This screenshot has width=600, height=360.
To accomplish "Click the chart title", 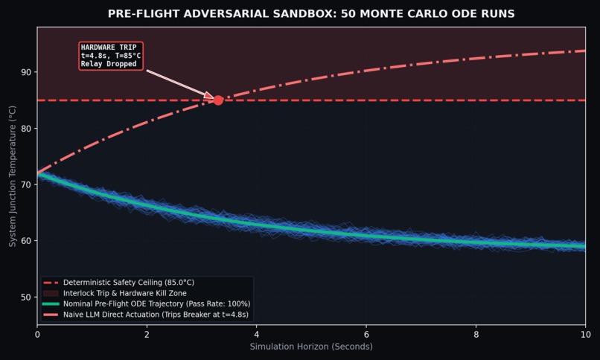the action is click(x=311, y=13).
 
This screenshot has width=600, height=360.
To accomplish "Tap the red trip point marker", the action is click(x=218, y=100).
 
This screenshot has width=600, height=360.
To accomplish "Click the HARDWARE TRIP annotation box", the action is click(x=111, y=56).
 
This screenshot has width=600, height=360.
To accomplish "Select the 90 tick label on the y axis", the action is click(x=26, y=72).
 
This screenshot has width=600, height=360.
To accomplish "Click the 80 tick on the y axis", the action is click(x=26, y=129).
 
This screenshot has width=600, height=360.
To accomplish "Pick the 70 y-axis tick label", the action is click(x=26, y=184).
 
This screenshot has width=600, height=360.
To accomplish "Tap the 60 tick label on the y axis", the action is click(x=26, y=241).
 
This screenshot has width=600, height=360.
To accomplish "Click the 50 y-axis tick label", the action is click(x=26, y=298).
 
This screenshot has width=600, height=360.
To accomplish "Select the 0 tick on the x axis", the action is click(x=37, y=335).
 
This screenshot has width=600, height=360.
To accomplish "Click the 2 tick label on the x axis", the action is click(x=147, y=335).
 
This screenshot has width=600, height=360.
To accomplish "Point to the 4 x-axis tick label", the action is click(x=256, y=335).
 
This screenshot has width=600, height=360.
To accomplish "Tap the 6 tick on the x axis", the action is click(x=366, y=335).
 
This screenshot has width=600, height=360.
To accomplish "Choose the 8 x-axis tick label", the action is click(x=476, y=335).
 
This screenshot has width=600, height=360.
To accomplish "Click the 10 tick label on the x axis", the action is click(x=585, y=335).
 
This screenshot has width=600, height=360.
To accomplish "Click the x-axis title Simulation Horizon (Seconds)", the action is click(x=311, y=347).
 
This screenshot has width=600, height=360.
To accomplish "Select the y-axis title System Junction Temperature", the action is click(x=12, y=176).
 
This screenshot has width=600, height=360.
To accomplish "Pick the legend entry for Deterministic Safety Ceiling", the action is click(x=118, y=283).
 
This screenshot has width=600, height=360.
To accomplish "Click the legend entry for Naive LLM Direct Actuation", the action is click(x=146, y=315).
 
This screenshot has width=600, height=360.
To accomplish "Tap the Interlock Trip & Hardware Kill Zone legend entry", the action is click(x=115, y=293).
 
